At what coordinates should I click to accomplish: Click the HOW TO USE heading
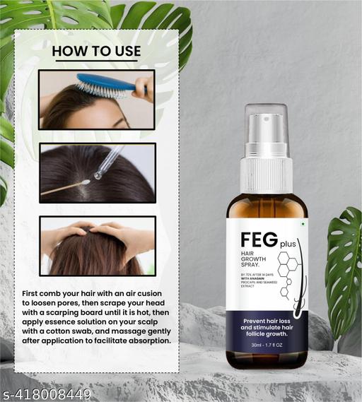[x=96, y=51]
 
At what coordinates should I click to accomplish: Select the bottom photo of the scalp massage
[x=97, y=245]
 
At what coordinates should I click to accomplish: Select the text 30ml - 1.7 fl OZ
[x=267, y=345]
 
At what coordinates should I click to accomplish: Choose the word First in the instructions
[x=33, y=292]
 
